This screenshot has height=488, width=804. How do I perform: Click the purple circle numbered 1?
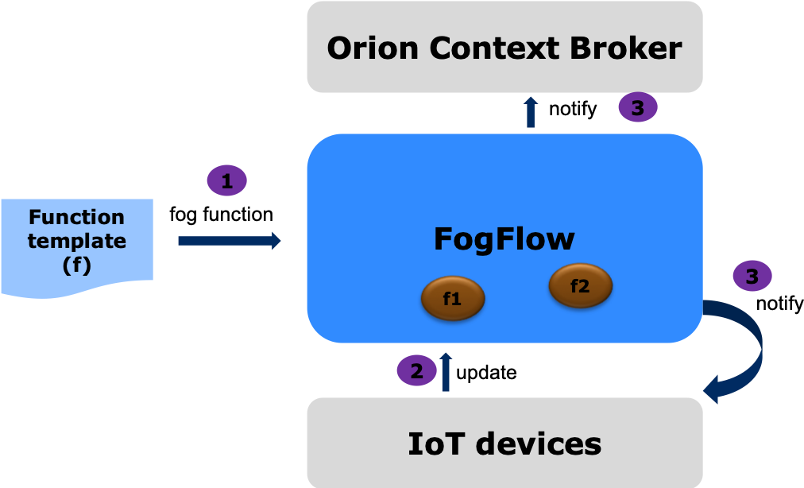click(x=227, y=181)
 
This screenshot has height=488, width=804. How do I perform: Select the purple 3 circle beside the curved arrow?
click(x=752, y=276)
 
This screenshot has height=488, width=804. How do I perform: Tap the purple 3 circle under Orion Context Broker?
click(x=637, y=107)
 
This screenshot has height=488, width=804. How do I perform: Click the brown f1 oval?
click(x=452, y=300)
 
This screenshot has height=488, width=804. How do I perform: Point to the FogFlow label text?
click(x=504, y=239)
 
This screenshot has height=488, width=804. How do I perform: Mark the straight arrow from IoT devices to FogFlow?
click(x=446, y=371)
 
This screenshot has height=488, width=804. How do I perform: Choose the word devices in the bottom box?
click(x=539, y=443)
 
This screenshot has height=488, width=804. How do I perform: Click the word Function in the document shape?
click(x=76, y=217)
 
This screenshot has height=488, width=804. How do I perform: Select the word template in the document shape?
click(x=76, y=241)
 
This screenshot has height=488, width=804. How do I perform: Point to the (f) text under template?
click(x=76, y=265)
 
